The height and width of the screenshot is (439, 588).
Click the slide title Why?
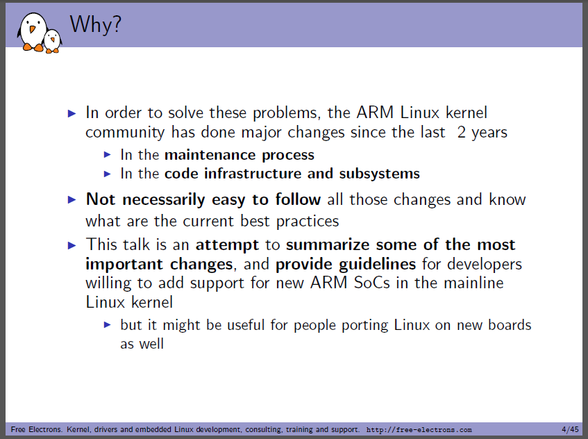(96, 25)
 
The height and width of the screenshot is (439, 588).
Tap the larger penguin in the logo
(32, 32)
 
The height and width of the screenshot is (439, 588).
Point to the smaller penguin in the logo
(53, 41)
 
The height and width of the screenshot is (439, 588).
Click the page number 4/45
(570, 429)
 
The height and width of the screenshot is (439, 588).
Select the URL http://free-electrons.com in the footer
(419, 429)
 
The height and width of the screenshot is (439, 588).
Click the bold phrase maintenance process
(240, 155)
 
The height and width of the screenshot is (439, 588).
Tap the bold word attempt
(227, 245)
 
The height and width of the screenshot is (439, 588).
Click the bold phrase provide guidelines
(346, 264)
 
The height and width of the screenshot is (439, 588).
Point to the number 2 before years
(461, 132)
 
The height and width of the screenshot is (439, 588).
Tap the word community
(125, 133)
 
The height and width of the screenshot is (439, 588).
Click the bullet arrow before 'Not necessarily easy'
(72, 199)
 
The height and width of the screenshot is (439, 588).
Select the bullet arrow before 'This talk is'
(72, 245)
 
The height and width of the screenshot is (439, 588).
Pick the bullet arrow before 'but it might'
(107, 324)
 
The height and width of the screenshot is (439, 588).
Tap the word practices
(308, 222)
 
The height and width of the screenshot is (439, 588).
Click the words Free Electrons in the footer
(36, 429)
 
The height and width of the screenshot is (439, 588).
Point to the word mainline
(473, 283)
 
